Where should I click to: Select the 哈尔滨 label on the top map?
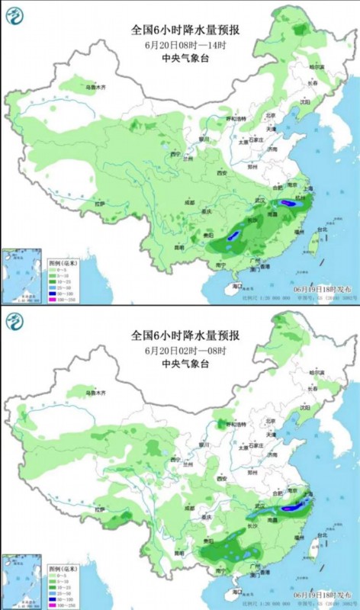click(x=317, y=67)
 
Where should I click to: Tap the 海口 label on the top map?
click(x=237, y=287)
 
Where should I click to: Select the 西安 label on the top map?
click(x=222, y=174)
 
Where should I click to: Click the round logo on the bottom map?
click(x=16, y=323)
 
